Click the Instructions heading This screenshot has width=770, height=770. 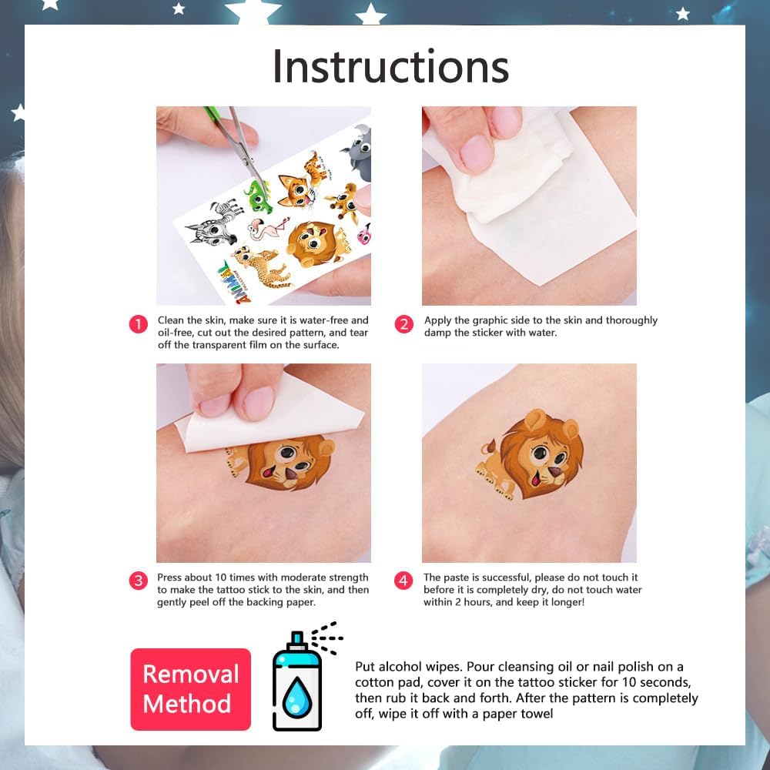tap(390, 66)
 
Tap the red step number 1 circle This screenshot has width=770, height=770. tap(139, 325)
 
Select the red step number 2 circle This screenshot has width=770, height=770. tap(403, 325)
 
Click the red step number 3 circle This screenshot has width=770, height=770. tap(139, 581)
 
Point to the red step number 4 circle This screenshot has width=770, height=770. tap(403, 581)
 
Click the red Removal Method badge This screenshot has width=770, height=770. tap(190, 689)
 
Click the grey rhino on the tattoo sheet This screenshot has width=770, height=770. tap(357, 152)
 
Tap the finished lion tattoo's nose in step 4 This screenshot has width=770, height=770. tap(557, 472)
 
